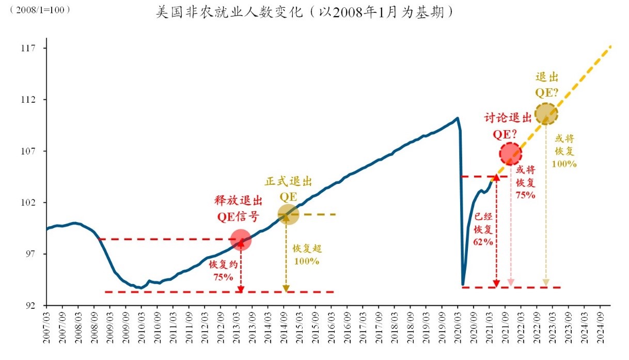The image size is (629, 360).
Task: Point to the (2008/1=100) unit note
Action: [40, 10]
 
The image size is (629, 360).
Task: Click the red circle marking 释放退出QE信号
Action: [241, 240]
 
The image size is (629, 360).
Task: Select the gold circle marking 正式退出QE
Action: [288, 214]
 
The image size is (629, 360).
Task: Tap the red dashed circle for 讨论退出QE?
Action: [510, 153]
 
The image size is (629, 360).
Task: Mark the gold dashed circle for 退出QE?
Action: [546, 114]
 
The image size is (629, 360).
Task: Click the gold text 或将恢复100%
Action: [565, 151]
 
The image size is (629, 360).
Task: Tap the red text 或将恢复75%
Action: [525, 182]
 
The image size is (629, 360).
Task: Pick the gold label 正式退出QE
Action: [289, 189]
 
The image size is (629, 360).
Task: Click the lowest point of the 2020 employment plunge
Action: [462, 284]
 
